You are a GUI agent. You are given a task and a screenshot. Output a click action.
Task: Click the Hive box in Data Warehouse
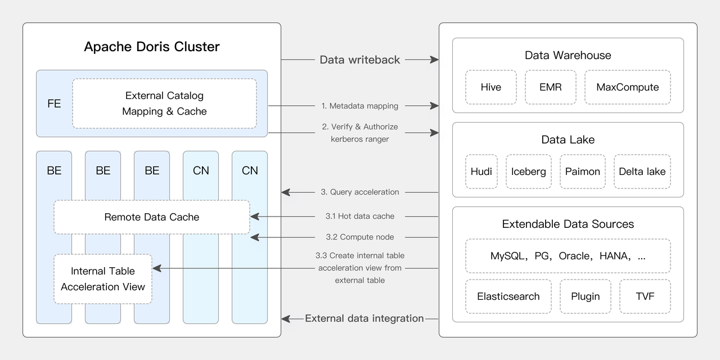[x=490, y=87]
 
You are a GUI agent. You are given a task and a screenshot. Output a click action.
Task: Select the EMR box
[x=550, y=87]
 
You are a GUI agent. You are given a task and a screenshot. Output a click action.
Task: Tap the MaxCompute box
[x=627, y=87]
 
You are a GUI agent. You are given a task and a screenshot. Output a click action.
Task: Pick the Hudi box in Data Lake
[x=481, y=172]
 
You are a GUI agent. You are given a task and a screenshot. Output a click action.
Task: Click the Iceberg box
[x=528, y=172]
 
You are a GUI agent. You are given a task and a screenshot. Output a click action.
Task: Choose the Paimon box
[x=582, y=172]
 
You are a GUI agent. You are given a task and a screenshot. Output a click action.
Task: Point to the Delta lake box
[x=642, y=172]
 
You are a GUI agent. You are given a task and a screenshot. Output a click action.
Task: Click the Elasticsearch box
[x=508, y=296]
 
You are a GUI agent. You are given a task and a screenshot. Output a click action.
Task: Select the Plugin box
[x=585, y=296]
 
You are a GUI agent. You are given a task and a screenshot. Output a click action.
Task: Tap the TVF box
[x=645, y=296]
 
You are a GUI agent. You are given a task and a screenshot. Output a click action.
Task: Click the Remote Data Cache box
[x=152, y=217]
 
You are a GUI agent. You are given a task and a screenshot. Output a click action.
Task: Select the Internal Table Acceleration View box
[x=103, y=279]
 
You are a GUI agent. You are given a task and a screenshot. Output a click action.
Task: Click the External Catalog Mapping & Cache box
[x=164, y=103]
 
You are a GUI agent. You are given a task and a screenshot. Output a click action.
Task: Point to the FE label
[x=54, y=103]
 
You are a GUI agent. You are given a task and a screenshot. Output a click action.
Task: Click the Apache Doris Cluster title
[x=152, y=47]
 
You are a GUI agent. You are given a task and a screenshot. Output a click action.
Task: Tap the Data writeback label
[x=359, y=60]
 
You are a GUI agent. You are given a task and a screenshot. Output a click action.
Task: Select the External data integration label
[x=364, y=318]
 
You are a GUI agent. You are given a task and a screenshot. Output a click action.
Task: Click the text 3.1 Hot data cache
[x=359, y=216]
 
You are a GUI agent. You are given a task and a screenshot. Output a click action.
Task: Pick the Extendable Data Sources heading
[x=568, y=224]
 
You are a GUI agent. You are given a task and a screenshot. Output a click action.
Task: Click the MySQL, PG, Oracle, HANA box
[x=568, y=256]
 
